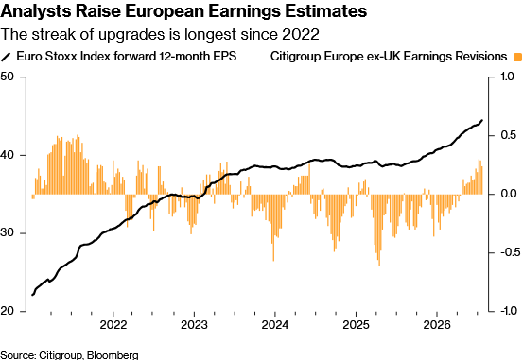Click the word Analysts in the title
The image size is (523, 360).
pos(36,11)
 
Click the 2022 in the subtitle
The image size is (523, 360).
pos(300,34)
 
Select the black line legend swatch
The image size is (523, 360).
pos(7,57)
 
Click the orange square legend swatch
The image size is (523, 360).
pos(517,57)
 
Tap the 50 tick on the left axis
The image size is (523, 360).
pos(7,77)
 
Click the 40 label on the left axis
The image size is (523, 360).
pos(7,155)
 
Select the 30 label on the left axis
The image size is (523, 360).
pos(7,232)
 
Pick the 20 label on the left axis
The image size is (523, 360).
pos(7,311)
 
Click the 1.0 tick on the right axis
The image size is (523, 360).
pos(507,77)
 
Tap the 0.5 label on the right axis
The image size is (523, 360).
pos(508,135)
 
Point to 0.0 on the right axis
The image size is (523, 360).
pos(508,194)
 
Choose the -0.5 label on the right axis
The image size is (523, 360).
pos(511,252)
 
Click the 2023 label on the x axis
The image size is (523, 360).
pos(194,324)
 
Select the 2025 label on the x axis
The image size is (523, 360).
pos(356,324)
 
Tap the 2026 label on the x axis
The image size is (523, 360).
pos(437,324)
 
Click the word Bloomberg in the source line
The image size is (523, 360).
pos(113,355)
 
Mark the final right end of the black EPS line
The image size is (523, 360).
pos(482,120)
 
